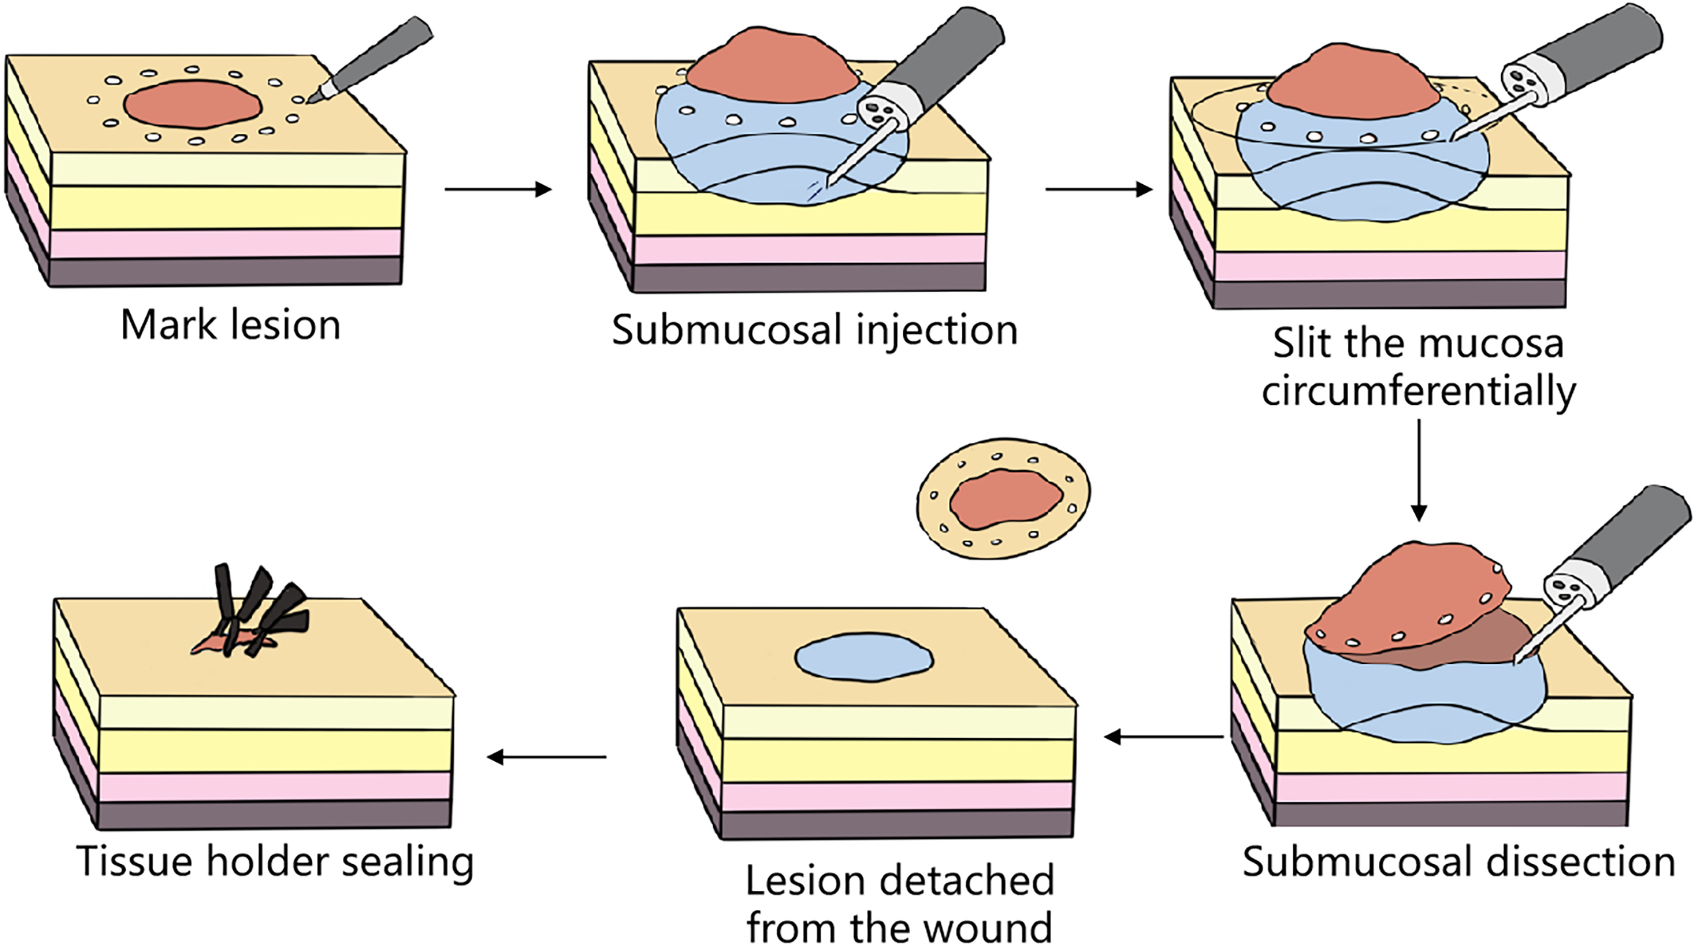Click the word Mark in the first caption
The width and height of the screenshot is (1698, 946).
click(x=167, y=325)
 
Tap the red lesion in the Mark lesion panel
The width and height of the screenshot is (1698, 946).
click(x=192, y=105)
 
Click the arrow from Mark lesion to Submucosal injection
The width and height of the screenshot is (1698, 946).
click(x=497, y=189)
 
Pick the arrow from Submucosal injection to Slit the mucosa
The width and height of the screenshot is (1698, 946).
click(x=1098, y=189)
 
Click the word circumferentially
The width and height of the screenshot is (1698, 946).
click(x=1418, y=392)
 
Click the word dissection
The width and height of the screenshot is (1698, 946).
click(x=1581, y=862)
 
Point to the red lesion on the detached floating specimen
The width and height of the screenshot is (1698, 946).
click(x=1006, y=498)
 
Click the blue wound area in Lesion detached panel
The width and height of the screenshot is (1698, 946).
click(x=863, y=657)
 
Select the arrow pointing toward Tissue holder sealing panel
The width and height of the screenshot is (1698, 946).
click(x=546, y=757)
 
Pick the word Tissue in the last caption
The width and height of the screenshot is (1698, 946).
click(x=135, y=861)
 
